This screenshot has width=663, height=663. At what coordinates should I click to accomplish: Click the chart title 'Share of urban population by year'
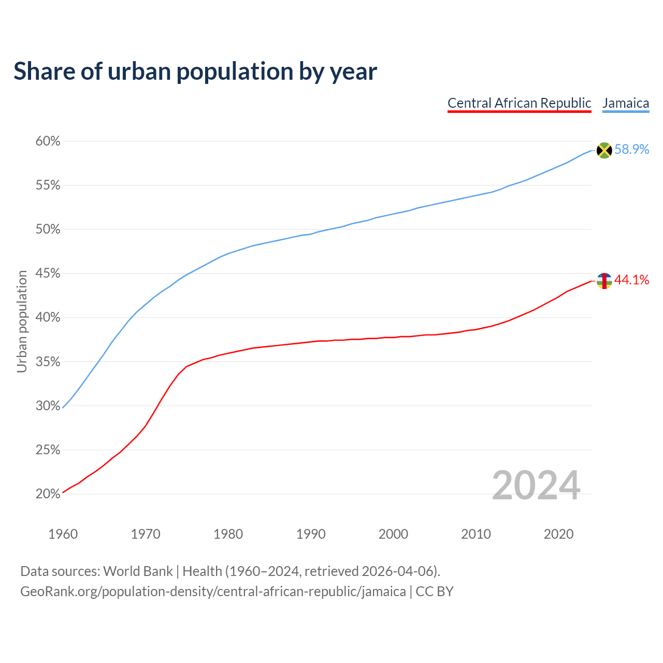[195, 71]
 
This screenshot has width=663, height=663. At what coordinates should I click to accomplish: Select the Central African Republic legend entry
[519, 103]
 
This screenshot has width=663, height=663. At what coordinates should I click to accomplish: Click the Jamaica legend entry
[626, 103]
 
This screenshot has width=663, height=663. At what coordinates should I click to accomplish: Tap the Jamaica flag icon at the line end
[604, 150]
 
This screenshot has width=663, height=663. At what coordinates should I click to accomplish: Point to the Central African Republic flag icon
[604, 281]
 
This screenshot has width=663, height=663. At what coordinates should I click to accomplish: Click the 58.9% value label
[632, 150]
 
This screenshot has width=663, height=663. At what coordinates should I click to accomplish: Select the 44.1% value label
[632, 280]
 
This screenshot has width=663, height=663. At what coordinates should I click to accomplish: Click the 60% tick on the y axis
[48, 141]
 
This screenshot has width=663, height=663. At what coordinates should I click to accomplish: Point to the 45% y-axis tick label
[48, 273]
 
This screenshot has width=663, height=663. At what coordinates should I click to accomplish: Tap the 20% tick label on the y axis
[48, 494]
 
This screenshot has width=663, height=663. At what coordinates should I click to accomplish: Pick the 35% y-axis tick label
[48, 362]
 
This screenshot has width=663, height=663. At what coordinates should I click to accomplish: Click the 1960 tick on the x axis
[63, 534]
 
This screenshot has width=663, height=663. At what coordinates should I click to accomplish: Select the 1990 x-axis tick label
[311, 534]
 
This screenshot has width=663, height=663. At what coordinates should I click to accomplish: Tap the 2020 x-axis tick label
[558, 534]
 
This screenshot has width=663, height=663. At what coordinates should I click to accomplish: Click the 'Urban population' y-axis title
[22, 321]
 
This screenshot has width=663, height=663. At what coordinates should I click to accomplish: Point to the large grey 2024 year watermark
[536, 486]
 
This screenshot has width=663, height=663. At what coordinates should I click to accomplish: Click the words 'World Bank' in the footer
[138, 571]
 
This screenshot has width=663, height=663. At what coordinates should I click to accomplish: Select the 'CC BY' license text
[435, 592]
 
